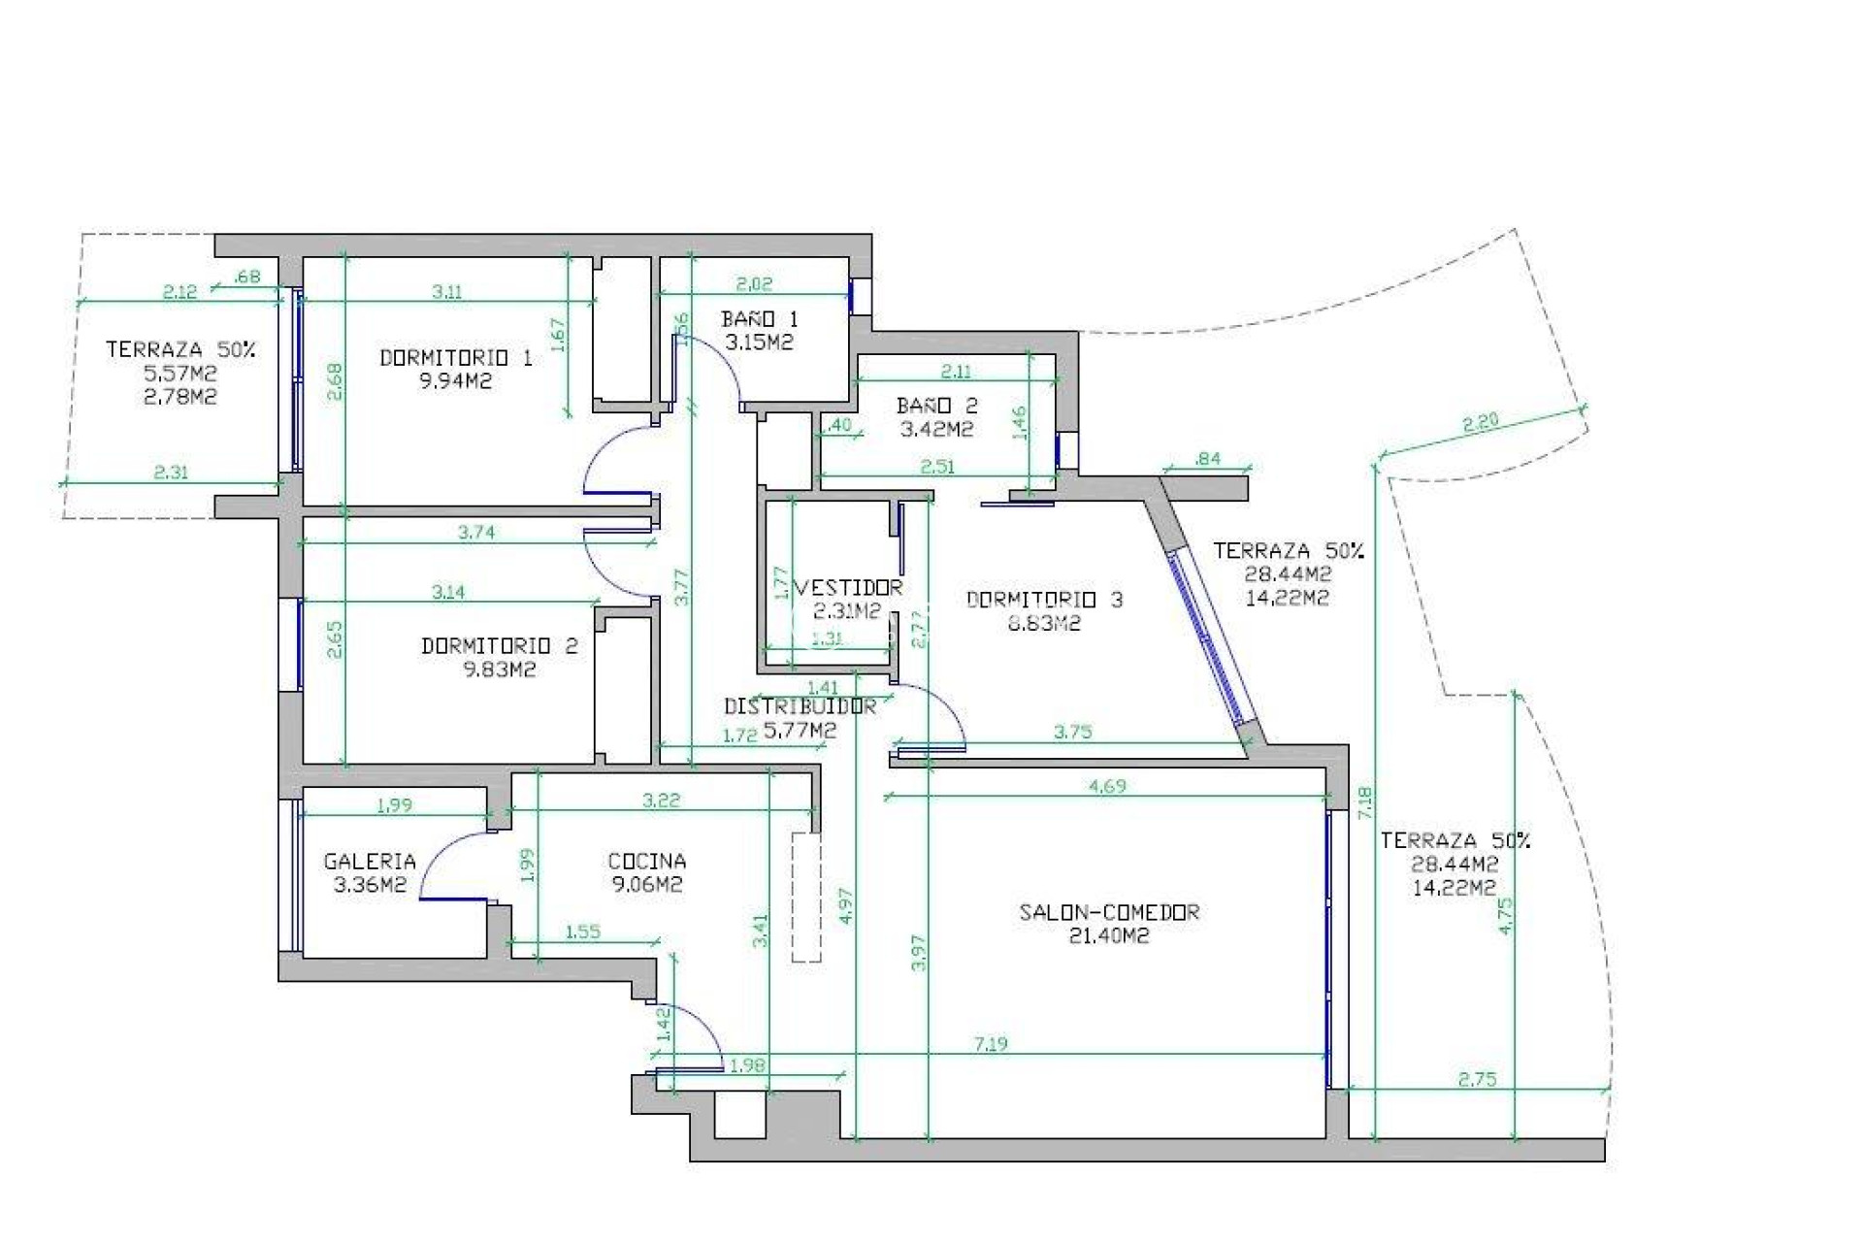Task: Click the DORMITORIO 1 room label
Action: click(x=455, y=358)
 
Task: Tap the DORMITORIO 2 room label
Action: click(x=499, y=646)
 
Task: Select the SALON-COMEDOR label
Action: click(x=1109, y=912)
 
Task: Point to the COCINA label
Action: click(x=646, y=861)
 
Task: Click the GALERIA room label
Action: click(x=370, y=861)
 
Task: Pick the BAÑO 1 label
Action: click(x=759, y=319)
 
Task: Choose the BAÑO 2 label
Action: click(x=936, y=406)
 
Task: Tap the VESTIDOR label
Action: click(x=850, y=588)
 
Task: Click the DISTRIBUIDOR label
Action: click(x=800, y=707)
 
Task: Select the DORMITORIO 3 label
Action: click(x=1044, y=600)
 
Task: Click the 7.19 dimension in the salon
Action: click(x=990, y=1045)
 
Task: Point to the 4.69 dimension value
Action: click(x=1106, y=787)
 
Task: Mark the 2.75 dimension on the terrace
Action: click(x=1477, y=1079)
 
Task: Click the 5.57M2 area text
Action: click(x=180, y=374)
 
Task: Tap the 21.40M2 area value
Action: click(x=1109, y=936)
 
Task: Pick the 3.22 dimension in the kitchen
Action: click(x=661, y=801)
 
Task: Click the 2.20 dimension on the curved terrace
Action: click(x=1480, y=422)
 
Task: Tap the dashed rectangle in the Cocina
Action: click(x=805, y=897)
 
